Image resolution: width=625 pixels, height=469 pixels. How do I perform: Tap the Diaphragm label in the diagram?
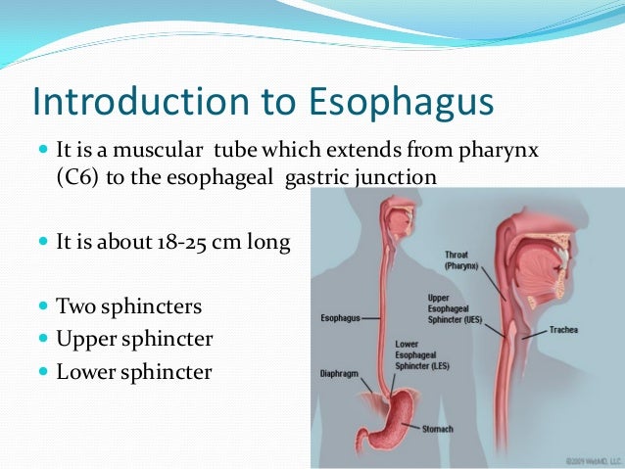coord(343,373)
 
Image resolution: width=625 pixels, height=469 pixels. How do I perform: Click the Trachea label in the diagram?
coord(567,329)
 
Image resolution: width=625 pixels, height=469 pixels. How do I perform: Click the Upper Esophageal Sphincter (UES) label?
coord(453,308)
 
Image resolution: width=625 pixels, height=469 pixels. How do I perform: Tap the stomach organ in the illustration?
coord(393,412)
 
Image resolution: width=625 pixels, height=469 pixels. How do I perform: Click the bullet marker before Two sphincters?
coord(42,307)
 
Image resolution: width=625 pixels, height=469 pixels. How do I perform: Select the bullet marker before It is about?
coord(42,241)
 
